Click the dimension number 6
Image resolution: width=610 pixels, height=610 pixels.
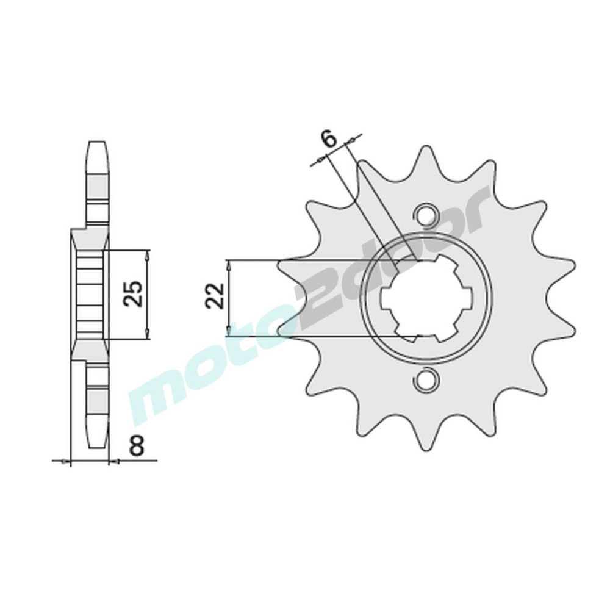pyautogui.click(x=329, y=139)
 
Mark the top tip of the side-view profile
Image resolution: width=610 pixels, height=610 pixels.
pyautogui.click(x=97, y=142)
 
